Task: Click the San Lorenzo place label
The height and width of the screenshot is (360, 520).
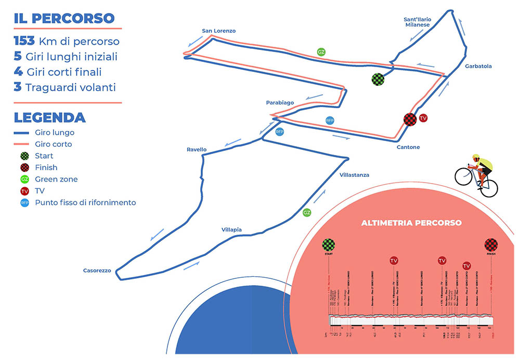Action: pos(218,31)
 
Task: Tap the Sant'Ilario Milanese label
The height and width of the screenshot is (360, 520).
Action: pos(417,22)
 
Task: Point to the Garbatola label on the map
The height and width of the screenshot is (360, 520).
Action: pos(479,67)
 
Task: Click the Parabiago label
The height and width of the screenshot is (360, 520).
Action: pos(280,102)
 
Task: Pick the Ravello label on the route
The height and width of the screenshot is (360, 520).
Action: pos(197,150)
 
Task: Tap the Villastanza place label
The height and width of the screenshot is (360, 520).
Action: pos(354,175)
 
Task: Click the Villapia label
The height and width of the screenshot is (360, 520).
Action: pos(231,230)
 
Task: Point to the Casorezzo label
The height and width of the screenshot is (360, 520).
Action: pos(97,271)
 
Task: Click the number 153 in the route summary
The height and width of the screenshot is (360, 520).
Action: pos(24,41)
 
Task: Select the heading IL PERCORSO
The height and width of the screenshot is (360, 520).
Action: pos(64,18)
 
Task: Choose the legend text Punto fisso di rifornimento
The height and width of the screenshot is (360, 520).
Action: pos(85,202)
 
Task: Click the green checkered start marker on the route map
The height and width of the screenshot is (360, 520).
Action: pos(378,79)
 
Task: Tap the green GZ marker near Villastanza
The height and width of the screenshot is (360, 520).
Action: pos(307,213)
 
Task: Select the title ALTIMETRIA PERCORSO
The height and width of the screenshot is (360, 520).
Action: pos(411,223)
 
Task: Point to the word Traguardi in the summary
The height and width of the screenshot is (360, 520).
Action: pos(50,87)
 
